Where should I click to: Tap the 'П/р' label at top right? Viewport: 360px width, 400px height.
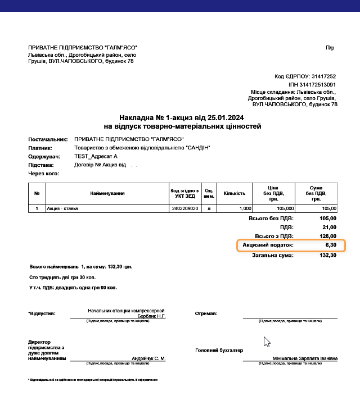(330, 48)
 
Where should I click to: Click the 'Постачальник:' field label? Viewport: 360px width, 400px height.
(48, 139)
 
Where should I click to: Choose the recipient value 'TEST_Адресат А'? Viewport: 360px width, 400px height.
(96, 156)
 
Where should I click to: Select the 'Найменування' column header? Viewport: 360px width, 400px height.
(107, 193)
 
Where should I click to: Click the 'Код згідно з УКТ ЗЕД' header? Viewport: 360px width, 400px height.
(184, 193)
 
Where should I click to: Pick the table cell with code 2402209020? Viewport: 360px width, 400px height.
(184, 208)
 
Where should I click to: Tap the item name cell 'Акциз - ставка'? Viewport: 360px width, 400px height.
(62, 208)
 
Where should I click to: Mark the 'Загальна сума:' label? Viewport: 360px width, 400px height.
(273, 254)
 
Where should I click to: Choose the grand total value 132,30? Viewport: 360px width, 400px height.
(327, 254)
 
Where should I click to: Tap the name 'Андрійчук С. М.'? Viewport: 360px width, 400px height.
(148, 358)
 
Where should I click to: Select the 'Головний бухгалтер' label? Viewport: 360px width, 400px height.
(219, 350)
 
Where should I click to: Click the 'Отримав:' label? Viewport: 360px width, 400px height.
(206, 313)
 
